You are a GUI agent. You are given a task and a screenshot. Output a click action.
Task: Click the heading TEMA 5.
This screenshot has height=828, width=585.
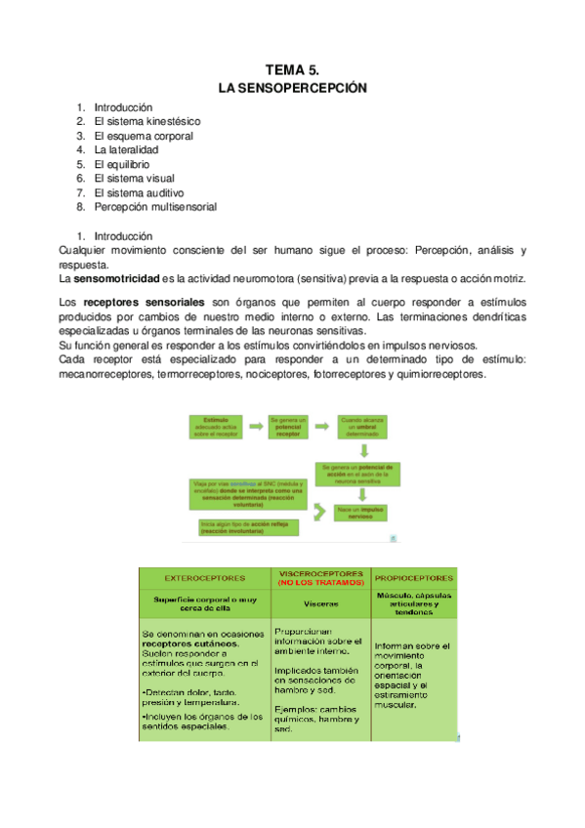pos(292,70)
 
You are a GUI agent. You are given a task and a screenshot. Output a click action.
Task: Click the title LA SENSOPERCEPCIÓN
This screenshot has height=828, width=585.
pos(292,88)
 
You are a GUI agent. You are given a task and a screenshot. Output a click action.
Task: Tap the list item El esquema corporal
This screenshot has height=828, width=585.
pos(143,136)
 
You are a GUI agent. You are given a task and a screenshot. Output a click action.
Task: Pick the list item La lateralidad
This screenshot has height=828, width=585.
pos(126,150)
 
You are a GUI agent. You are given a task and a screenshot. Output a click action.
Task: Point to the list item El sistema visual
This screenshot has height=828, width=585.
pos(134,179)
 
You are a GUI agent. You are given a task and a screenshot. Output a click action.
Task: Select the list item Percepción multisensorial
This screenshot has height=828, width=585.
pos(155,207)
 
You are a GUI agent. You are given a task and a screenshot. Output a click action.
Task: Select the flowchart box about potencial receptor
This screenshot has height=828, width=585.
pos(288,427)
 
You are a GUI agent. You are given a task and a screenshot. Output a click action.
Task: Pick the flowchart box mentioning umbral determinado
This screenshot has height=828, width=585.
pos(362,427)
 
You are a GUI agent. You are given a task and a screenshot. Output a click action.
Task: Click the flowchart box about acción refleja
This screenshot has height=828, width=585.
pos(244,527)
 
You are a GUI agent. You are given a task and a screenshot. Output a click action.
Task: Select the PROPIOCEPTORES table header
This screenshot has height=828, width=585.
pos(414,576)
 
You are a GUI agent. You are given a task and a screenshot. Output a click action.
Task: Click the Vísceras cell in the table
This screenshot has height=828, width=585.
pos(320,603)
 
